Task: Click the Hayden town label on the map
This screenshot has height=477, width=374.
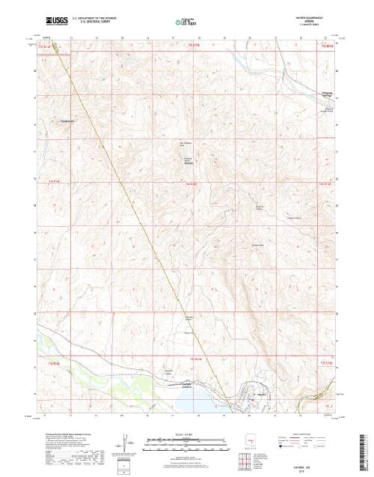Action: point(262,395)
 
